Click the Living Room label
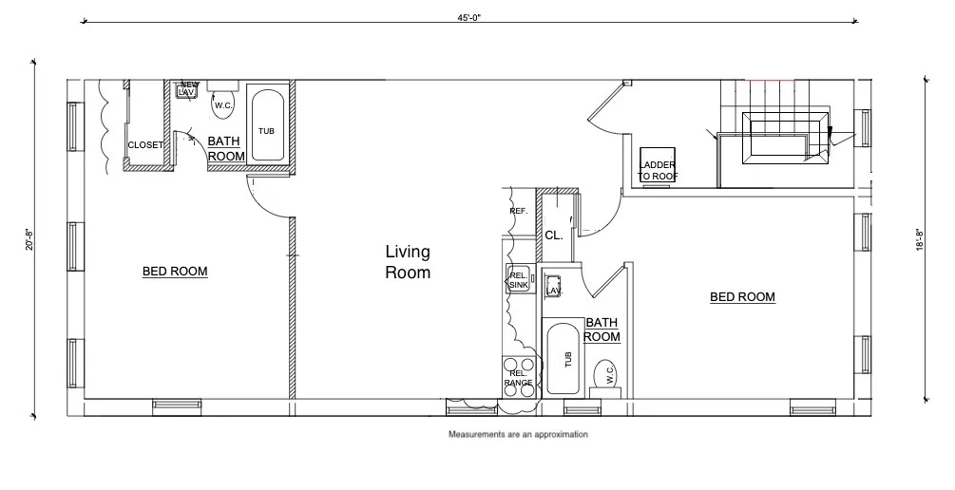click(408, 262)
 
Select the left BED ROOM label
click(175, 272)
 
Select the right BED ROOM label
click(742, 297)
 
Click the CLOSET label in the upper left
click(145, 145)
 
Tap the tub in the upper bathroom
click(266, 124)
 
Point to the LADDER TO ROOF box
click(658, 168)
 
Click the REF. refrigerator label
click(518, 211)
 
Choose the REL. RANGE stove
click(518, 376)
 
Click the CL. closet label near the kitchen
click(554, 236)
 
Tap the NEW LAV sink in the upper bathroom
click(188, 89)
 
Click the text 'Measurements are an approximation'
click(518, 434)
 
